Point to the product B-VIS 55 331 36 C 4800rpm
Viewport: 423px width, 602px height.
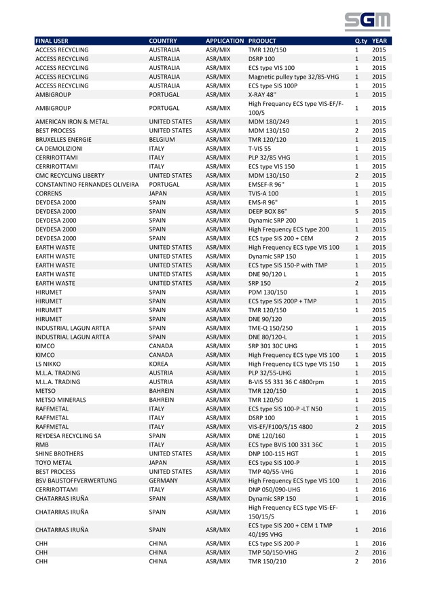tap(296, 405)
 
